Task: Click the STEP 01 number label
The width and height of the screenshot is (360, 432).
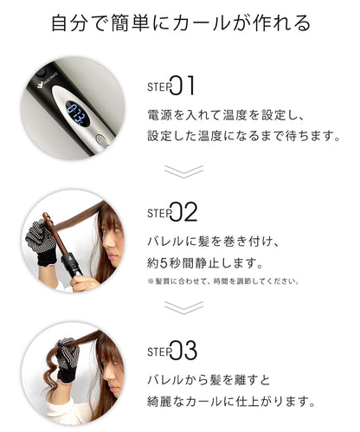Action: point(170,86)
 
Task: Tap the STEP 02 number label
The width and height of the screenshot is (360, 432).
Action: point(172,212)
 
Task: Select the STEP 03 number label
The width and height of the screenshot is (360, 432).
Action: point(172,351)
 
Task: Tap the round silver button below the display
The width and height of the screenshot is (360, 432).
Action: point(100,139)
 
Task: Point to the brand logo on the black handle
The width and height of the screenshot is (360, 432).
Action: point(47,81)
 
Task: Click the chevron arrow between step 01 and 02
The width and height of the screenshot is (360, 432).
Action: point(183,171)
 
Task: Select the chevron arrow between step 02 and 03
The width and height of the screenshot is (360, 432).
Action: point(183,307)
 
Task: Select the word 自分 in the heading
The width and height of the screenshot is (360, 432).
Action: point(69,23)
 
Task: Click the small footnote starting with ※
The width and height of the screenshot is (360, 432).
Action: point(223,281)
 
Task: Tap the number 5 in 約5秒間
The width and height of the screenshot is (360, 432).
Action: point(164,263)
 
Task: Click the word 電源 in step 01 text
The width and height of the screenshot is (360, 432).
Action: point(159,115)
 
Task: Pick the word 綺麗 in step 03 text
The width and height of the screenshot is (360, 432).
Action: point(159,402)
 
